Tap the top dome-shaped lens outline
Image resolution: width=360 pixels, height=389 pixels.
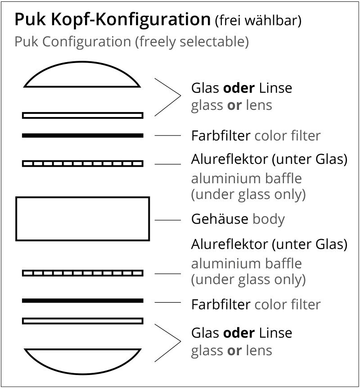82,75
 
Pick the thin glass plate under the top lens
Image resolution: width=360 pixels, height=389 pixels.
83,115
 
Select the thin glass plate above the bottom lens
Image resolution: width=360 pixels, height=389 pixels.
83,321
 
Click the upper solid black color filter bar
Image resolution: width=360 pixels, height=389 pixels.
83,135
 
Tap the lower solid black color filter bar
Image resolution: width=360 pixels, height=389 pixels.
83,300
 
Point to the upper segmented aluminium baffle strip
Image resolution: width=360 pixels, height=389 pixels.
83,163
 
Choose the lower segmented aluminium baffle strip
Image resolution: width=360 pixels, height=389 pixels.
83,273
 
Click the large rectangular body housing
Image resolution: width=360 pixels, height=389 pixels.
83,218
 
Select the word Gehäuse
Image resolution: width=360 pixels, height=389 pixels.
220,219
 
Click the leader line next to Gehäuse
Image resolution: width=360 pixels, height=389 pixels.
168,220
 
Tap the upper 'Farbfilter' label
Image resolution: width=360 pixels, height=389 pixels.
220,136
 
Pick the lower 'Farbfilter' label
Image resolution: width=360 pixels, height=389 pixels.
220,304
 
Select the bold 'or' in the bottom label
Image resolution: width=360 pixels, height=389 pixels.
234,350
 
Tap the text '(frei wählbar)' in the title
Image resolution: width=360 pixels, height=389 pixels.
258,21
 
